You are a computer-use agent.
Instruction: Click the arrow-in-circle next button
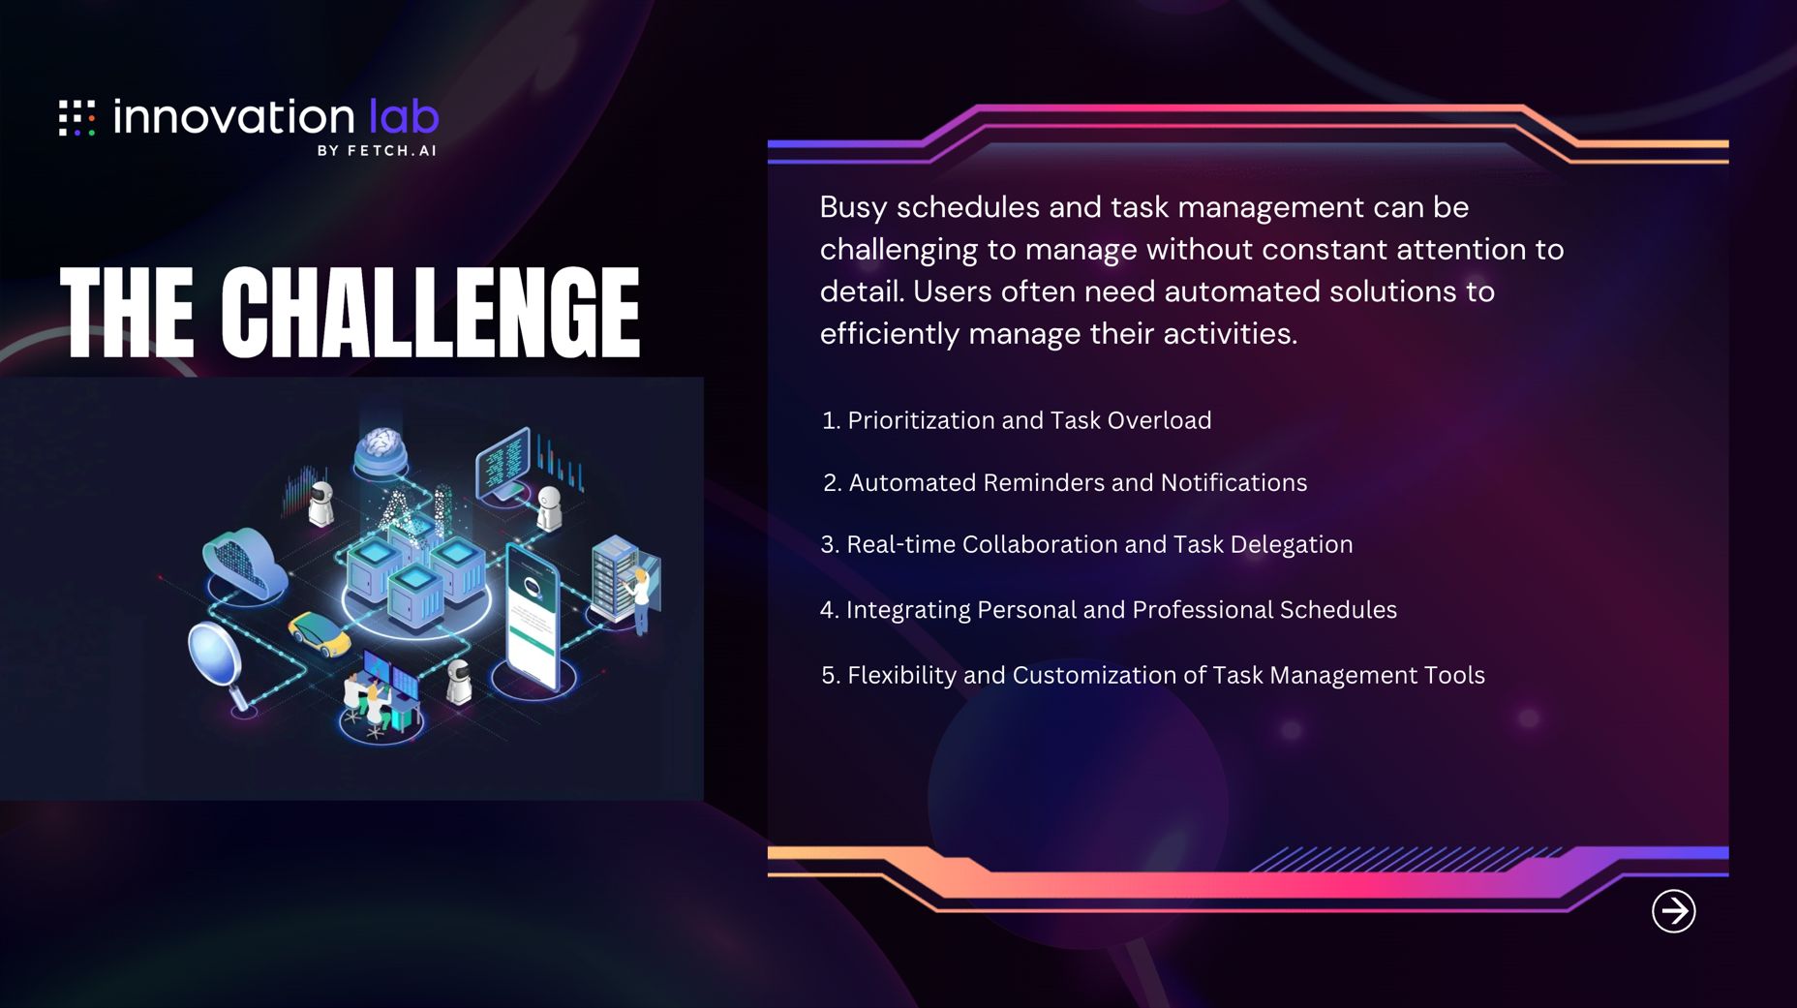(x=1673, y=911)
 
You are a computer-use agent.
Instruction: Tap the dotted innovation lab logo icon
(x=77, y=117)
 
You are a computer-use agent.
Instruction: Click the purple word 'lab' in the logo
(x=404, y=116)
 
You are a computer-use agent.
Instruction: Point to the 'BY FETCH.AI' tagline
(x=377, y=150)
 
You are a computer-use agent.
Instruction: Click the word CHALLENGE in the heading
(x=430, y=312)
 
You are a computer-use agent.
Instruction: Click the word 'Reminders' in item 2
(x=1044, y=482)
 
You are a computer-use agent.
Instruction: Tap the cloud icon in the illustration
(x=243, y=563)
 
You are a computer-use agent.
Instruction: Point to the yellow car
(x=320, y=633)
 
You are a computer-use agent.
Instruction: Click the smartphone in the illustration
(x=533, y=617)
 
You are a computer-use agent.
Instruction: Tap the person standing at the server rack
(x=640, y=600)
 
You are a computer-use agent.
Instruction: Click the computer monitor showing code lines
(x=504, y=462)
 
